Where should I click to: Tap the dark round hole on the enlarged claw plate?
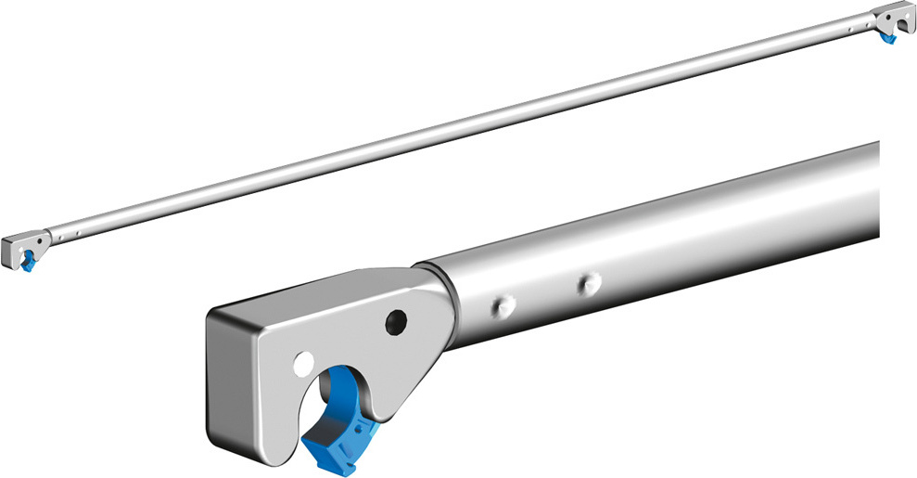397,321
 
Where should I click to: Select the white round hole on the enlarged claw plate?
301,360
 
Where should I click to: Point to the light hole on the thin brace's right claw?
908,17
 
